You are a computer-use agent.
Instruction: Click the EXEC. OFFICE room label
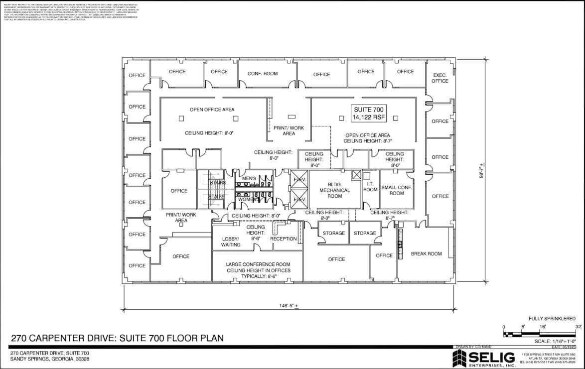pos(439,78)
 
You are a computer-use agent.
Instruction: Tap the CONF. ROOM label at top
pos(263,74)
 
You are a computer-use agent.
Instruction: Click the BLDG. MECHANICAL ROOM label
pos(334,190)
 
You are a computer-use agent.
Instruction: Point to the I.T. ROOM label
pos(370,187)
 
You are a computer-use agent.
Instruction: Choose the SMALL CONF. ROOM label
pos(396,190)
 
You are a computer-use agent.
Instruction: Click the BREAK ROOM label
pos(426,253)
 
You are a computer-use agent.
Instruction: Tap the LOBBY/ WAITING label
pos(231,242)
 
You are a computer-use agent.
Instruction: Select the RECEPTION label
pos(284,239)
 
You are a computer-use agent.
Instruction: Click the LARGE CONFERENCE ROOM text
pos(258,264)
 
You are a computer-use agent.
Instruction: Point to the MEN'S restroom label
pos(249,178)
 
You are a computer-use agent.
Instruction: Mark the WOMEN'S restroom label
pos(249,199)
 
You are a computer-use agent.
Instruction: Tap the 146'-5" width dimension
pos(289,305)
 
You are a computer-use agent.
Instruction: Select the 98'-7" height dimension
pos(482,171)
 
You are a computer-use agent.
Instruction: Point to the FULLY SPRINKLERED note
pos(552,318)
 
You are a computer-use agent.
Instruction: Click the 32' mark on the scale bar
pos(579,327)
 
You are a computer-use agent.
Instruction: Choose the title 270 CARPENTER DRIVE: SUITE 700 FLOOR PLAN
pos(117,338)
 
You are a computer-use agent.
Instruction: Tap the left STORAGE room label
pos(333,233)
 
